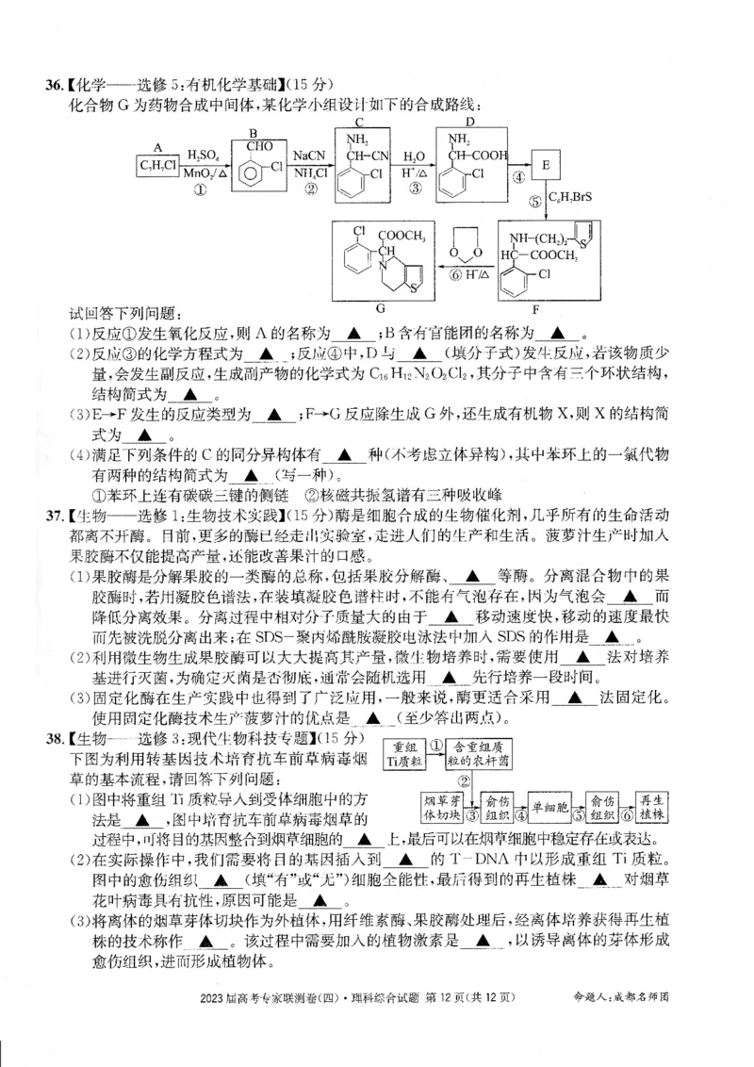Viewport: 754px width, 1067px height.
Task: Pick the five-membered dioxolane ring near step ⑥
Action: pos(468,242)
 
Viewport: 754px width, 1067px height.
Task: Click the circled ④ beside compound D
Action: pos(517,176)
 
